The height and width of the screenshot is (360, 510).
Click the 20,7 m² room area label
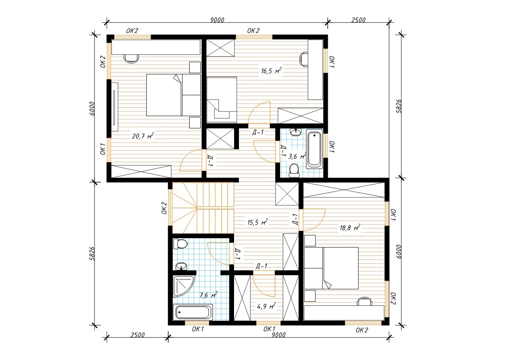pos(143,136)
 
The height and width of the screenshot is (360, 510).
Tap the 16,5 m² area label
pos(271,71)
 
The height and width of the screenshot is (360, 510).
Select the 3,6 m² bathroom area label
pos(297,156)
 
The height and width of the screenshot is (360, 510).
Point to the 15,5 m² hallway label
pos(257,222)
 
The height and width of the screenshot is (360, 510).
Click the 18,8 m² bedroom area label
pos(350,228)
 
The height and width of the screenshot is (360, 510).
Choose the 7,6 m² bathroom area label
pos(209,295)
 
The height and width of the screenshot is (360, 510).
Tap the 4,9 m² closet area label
pos(267,306)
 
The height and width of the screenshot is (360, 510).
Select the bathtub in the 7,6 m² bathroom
pos(193,312)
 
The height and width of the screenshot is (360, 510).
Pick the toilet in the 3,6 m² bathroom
pos(294,171)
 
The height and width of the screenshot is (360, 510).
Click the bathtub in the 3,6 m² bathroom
pos(314,149)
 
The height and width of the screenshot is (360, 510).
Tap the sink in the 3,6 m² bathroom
pos(296,132)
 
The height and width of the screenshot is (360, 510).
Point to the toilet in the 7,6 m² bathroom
pos(180,244)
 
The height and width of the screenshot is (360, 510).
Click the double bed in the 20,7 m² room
pos(174,95)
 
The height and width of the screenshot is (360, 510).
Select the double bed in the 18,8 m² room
pos(331,268)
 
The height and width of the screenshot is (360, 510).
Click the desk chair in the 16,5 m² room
pos(304,60)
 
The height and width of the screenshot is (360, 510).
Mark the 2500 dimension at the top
pos(358,20)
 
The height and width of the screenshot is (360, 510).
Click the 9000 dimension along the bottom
pos(279,335)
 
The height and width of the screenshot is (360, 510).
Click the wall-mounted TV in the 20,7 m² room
pos(114,107)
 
